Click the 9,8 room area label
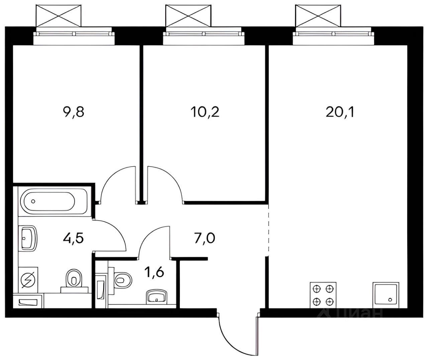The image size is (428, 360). coord(74,112)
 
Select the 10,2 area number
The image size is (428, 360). coord(205,112)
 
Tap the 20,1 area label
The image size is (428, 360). coord(340,112)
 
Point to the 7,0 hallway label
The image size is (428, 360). coord(205,239)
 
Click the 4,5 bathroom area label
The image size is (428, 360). coord(73,239)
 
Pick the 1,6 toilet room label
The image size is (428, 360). coord(154,272)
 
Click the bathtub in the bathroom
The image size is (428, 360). coord(52,201)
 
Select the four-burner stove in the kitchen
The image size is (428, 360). coord(323,295)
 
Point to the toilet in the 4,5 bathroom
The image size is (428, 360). coord(74,281)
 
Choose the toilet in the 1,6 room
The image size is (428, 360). coord(120,279)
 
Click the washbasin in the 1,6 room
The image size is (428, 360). coord(156,297)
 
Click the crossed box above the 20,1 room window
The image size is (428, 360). coord(318,16)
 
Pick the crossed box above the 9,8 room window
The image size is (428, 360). coord(59,16)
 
